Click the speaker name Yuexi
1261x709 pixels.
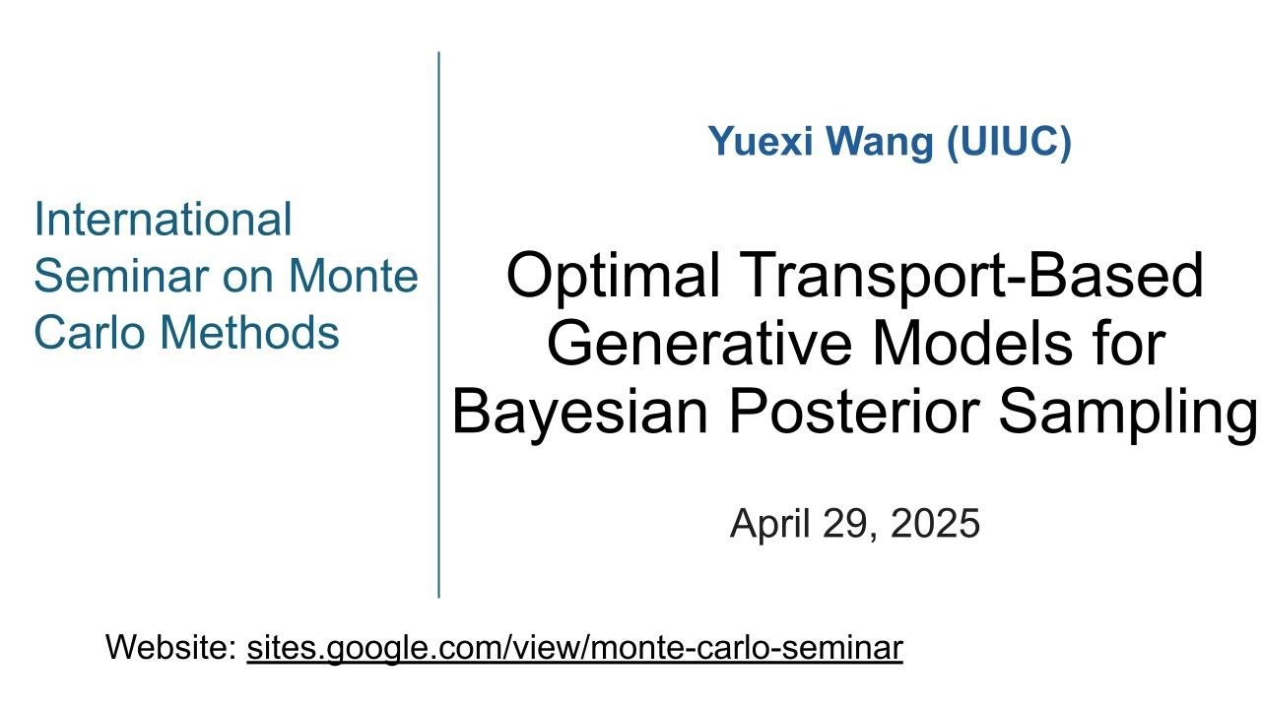coord(758,143)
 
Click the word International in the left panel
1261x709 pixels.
coord(163,219)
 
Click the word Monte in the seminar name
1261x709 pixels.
coord(353,276)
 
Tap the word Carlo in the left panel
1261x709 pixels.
coord(88,333)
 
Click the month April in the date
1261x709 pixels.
coord(768,524)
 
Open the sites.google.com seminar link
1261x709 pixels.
coord(574,648)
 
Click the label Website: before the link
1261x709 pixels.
coord(170,648)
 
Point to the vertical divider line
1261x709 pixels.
coord(438,325)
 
